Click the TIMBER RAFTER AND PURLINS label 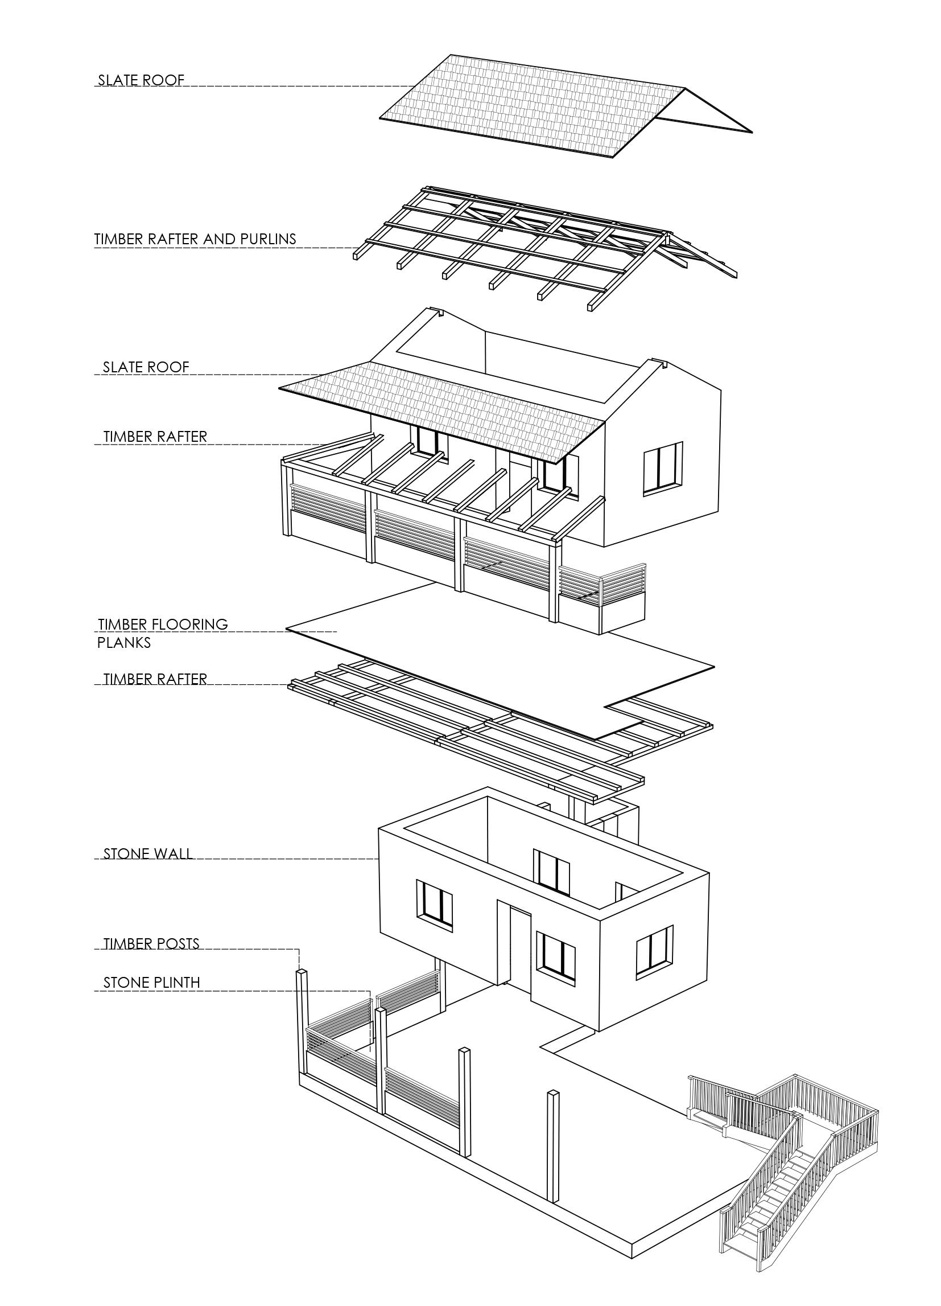[195, 239]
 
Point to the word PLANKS [123, 643]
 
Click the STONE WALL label [148, 854]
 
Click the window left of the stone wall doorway [435, 905]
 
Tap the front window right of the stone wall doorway [556, 957]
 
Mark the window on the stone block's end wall [655, 953]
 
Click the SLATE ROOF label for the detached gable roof [141, 80]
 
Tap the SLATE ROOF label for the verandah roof [146, 367]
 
